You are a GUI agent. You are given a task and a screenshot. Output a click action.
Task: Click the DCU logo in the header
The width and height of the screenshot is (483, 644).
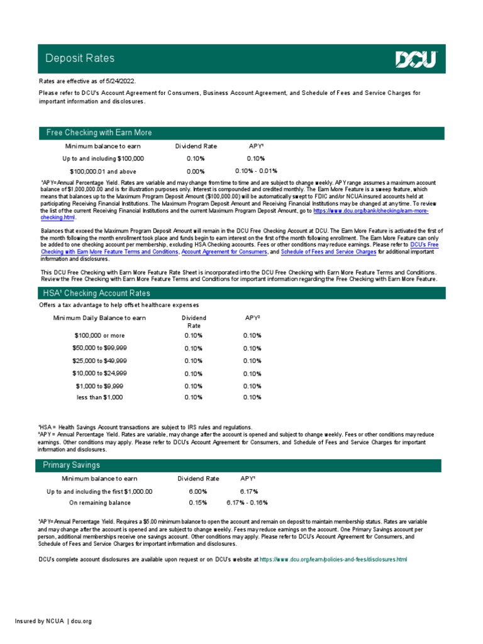(x=416, y=59)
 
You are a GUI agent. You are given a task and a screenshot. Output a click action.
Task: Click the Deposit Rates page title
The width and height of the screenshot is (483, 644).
(x=80, y=58)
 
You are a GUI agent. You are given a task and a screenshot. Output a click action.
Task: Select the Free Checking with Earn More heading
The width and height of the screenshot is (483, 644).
(x=99, y=133)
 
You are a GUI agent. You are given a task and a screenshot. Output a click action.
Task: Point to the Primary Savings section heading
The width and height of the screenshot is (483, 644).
(x=71, y=465)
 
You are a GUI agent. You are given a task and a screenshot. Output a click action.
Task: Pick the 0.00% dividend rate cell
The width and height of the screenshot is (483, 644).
(x=196, y=171)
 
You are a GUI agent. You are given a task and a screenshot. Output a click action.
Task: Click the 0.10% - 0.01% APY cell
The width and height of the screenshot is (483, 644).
(x=256, y=171)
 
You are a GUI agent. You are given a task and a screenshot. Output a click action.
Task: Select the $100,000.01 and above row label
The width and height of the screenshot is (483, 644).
(x=102, y=171)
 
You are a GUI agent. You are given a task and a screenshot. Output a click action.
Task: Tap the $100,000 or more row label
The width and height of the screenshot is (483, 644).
(x=99, y=336)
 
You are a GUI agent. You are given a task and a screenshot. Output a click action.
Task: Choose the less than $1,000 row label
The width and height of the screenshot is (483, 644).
(x=99, y=397)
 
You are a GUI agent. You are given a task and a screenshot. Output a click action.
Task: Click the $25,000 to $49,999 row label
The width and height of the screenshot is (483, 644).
(x=99, y=361)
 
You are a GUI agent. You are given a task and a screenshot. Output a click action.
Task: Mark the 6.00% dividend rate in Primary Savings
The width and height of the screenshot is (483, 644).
(x=197, y=491)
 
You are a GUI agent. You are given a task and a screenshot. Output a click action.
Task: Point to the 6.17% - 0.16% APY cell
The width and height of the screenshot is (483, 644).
(x=247, y=503)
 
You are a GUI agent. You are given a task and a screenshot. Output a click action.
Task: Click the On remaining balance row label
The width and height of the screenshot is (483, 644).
(x=99, y=503)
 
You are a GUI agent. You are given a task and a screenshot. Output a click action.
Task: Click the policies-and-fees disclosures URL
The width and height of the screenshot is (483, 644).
(x=333, y=559)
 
